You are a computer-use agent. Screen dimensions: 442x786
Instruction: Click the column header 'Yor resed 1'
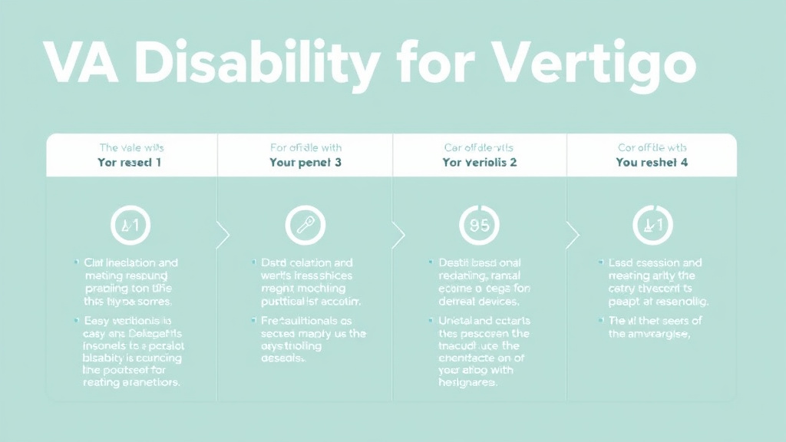tap(131, 163)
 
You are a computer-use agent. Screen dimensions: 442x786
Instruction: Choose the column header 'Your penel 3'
tap(305, 163)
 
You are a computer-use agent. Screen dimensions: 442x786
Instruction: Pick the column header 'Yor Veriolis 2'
tap(480, 163)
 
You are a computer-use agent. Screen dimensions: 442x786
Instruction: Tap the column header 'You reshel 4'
tap(652, 163)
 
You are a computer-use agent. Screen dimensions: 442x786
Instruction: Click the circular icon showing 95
tap(479, 225)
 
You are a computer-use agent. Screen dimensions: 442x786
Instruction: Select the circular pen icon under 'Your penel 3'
tap(305, 225)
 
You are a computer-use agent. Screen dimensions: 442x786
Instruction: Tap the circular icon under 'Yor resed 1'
tap(131, 225)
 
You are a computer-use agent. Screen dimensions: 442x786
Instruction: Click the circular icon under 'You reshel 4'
tap(652, 225)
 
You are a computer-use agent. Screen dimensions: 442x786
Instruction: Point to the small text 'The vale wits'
tap(131, 147)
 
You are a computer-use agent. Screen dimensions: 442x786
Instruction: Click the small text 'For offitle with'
tap(305, 147)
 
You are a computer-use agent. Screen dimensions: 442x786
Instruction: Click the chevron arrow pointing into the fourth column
tap(572, 235)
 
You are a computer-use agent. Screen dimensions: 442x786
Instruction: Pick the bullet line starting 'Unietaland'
tap(479, 320)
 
